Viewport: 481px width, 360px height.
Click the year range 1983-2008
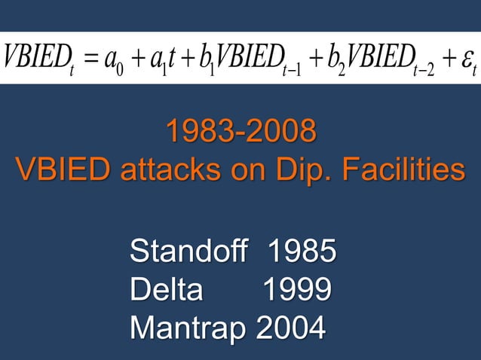[240, 133]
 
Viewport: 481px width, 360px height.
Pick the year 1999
[296, 290]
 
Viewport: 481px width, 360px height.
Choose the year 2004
[292, 328]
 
